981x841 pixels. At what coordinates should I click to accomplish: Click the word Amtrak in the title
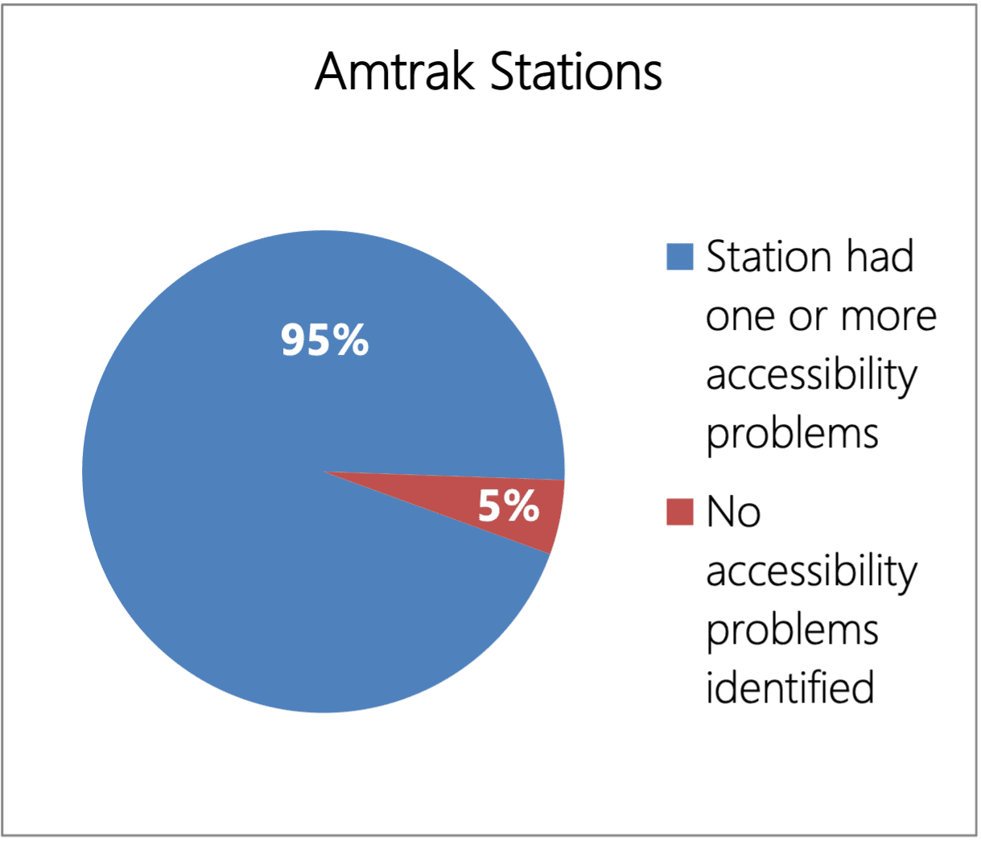click(x=395, y=72)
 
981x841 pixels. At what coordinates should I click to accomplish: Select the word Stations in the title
click(x=575, y=72)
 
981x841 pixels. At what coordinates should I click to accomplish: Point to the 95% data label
click(x=324, y=340)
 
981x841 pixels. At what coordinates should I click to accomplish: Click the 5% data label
click(x=509, y=506)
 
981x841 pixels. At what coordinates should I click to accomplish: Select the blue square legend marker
click(x=680, y=257)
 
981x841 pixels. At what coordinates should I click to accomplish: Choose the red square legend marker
click(x=680, y=512)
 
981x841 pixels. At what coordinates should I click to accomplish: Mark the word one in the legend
click(x=741, y=317)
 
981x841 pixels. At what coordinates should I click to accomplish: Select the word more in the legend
click(x=888, y=317)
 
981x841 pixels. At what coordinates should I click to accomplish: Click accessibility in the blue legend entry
click(x=811, y=376)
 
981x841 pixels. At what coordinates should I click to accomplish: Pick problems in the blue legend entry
click(x=792, y=435)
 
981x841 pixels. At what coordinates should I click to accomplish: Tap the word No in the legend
click(x=733, y=512)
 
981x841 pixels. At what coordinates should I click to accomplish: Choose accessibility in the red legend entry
click(x=811, y=572)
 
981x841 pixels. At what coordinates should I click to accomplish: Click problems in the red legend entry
click(x=792, y=631)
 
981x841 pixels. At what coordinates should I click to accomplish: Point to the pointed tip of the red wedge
click(x=324, y=472)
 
